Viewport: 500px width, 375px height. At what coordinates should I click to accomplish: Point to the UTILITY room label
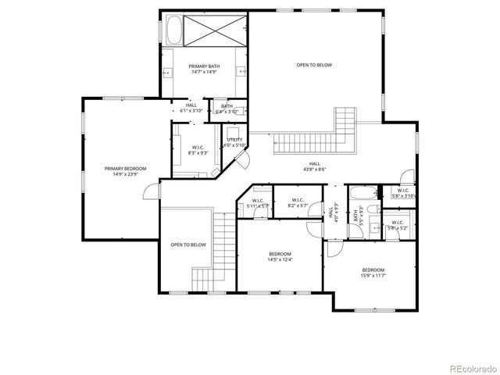click(x=234, y=142)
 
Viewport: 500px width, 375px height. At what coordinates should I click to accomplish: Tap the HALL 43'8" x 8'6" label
click(x=315, y=166)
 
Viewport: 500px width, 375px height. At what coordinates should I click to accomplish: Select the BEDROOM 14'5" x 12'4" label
click(x=280, y=256)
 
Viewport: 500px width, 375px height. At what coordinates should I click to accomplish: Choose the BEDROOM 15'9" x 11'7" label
click(x=373, y=273)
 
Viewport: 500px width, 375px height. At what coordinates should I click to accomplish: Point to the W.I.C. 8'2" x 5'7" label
click(x=298, y=203)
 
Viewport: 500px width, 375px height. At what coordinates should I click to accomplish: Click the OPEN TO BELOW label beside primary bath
click(x=314, y=65)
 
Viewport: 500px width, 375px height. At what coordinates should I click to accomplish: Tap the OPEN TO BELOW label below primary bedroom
click(x=188, y=245)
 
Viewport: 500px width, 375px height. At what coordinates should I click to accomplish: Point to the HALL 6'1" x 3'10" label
click(x=191, y=109)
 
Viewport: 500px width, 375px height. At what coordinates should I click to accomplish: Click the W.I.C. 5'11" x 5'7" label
click(x=257, y=203)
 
